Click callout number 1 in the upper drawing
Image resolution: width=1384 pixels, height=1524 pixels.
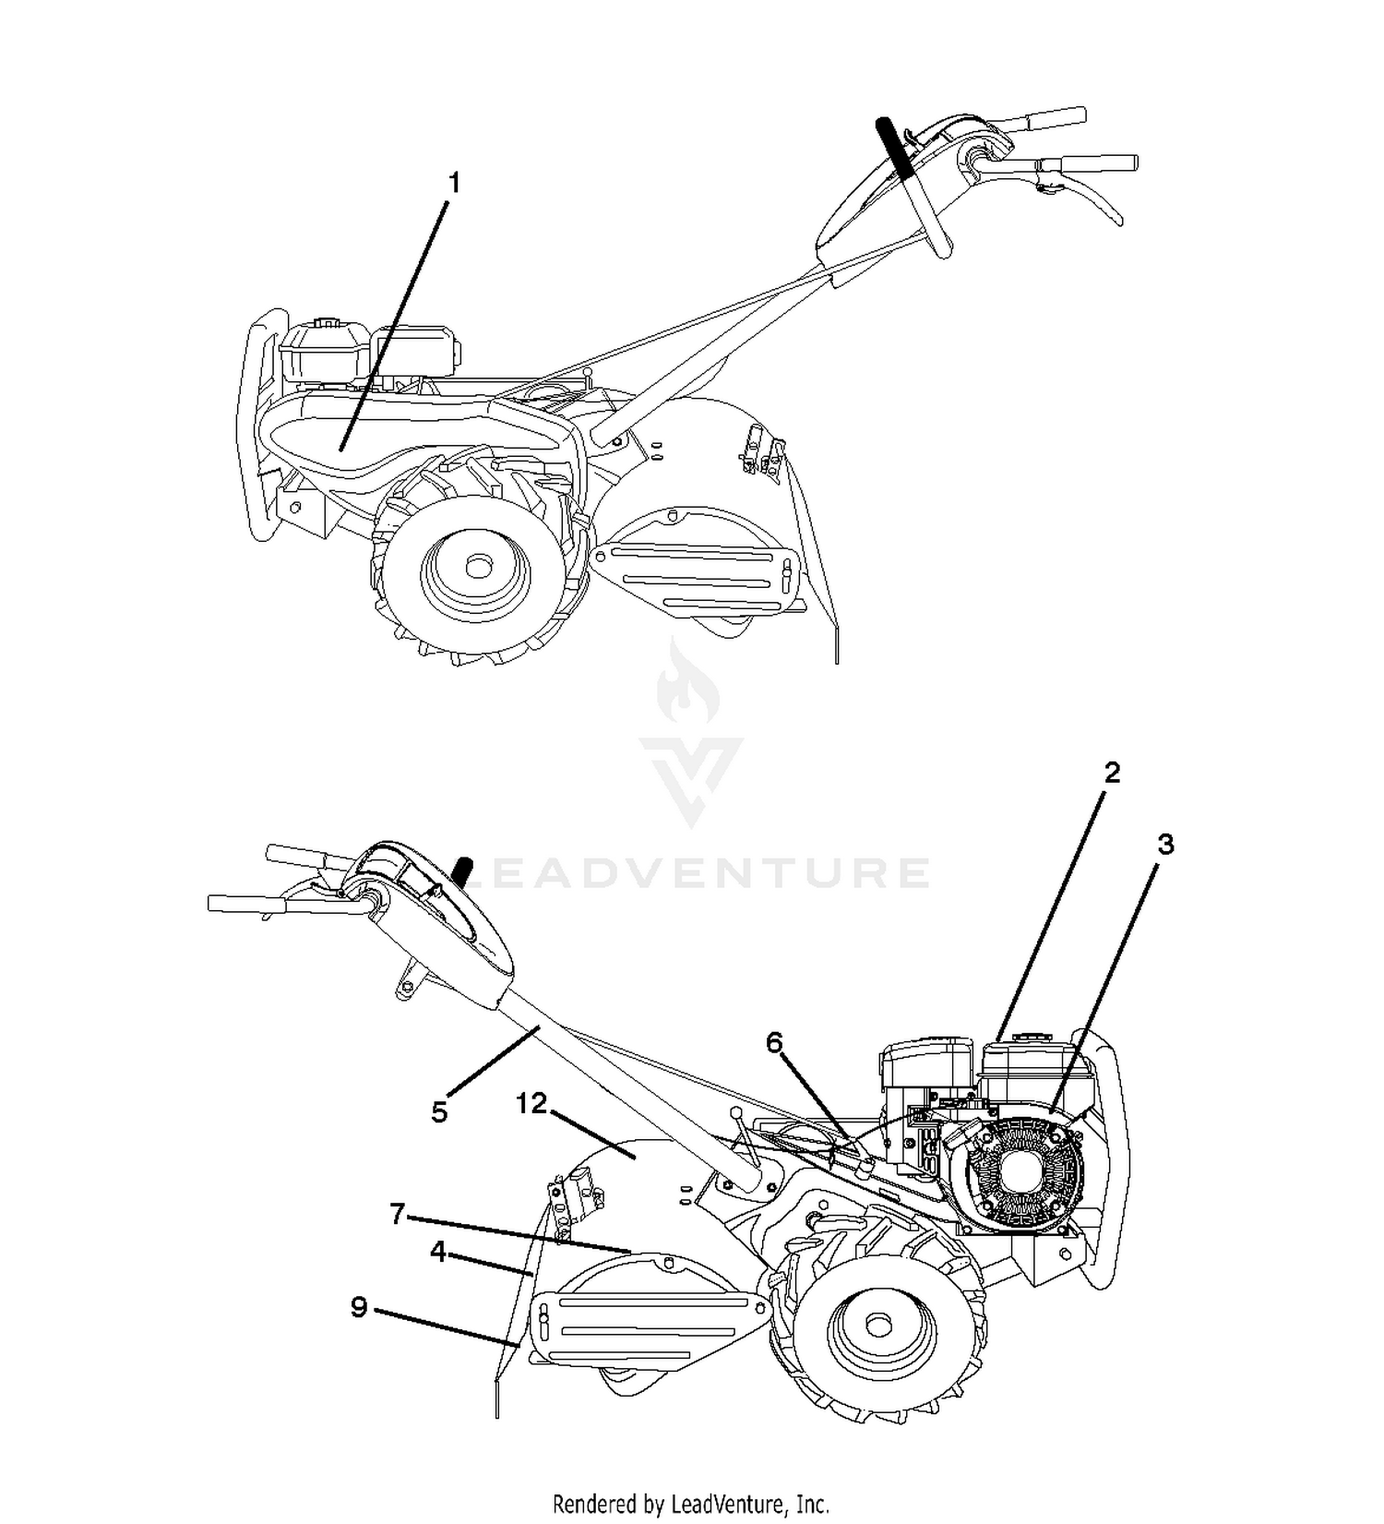click(453, 184)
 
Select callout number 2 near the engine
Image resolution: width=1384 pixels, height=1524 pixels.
click(1113, 773)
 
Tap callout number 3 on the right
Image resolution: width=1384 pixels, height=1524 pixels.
click(1166, 845)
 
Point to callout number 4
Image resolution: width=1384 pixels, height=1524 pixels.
click(438, 1253)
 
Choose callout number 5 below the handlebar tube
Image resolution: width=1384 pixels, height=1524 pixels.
click(439, 1112)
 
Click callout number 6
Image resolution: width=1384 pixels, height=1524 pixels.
click(774, 1042)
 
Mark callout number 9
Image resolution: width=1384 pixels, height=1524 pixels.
click(360, 1307)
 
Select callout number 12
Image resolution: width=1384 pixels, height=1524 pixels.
click(532, 1103)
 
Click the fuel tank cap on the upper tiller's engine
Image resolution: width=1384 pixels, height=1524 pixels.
click(326, 324)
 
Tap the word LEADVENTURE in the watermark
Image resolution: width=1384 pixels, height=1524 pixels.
click(696, 872)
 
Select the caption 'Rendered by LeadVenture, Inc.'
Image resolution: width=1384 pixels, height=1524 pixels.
click(691, 1504)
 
